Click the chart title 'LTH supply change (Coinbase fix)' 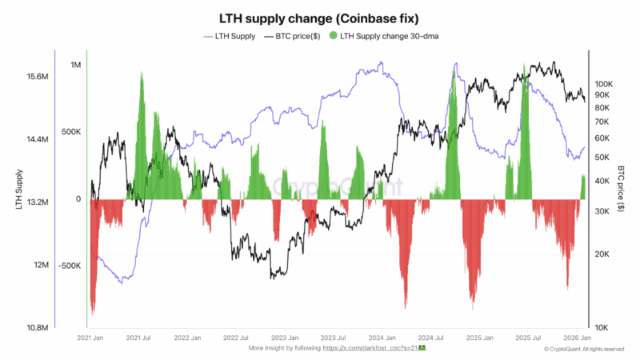320,18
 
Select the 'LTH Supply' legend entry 233,36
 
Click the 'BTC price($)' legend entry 296,36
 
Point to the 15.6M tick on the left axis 38,77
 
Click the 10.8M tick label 38,328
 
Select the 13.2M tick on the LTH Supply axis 38,202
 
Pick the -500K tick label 70,266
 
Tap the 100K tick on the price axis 602,83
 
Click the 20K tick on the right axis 602,254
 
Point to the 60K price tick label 602,138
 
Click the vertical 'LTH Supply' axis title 18,190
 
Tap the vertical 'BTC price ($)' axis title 622,190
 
